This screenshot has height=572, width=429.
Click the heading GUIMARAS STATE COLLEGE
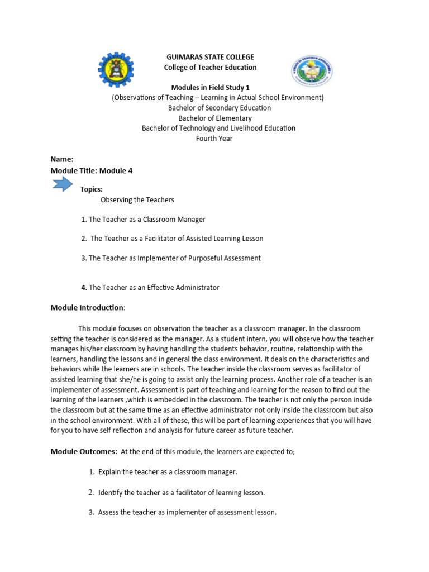210,57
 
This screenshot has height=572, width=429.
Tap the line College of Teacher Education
210,68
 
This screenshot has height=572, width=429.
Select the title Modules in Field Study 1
210,88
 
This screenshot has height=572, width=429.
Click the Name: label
62,159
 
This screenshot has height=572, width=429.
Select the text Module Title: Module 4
92,170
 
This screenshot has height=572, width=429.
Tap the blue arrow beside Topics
62,184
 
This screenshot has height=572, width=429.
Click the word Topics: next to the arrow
92,189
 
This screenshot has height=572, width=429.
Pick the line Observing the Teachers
137,199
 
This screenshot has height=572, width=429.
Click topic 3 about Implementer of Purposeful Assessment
171,258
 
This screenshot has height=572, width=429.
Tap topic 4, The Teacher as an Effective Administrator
150,288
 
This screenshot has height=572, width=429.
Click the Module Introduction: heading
88,307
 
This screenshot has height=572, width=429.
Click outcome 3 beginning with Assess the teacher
182,512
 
